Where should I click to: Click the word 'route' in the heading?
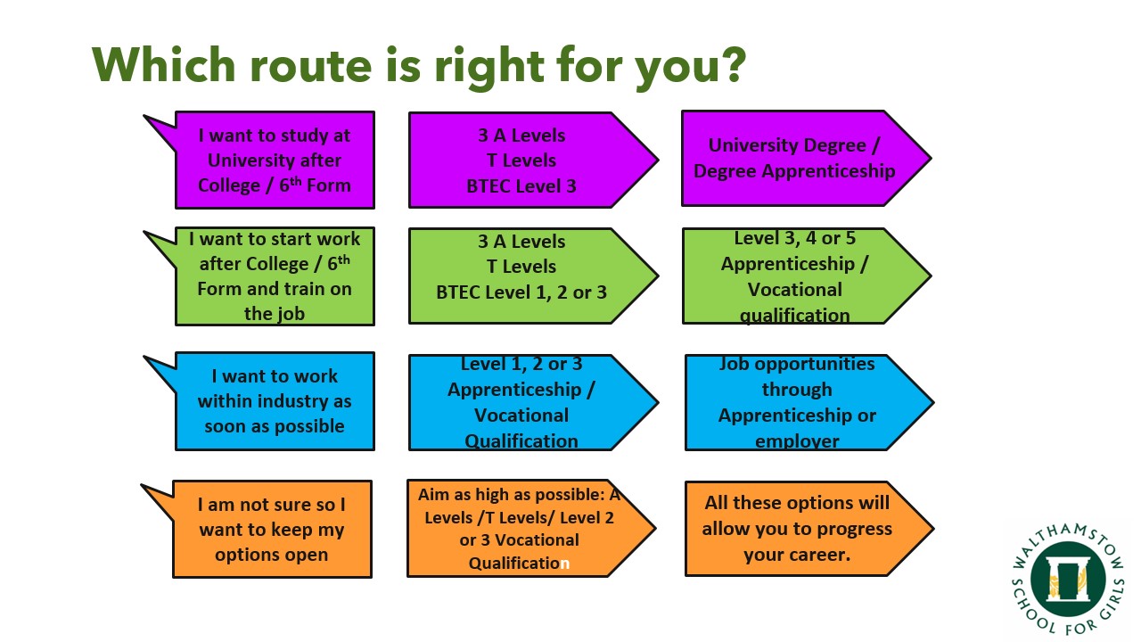pos(310,67)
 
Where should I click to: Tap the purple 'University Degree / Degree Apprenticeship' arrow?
pos(807,159)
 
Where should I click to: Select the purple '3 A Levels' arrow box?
pos(533,160)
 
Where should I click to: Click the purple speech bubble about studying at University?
pos(275,160)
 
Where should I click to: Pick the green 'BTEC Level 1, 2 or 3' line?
pos(521,292)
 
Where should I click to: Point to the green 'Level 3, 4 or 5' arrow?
pos(807,276)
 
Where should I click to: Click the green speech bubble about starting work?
pos(275,276)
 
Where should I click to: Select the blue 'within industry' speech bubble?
pos(275,401)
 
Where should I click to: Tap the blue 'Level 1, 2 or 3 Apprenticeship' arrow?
pos(533,402)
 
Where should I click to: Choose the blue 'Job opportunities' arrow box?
pos(809,402)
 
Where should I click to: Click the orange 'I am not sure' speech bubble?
pos(272,529)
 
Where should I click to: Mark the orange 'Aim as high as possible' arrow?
pos(531,529)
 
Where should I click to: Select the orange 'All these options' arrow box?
pos(809,529)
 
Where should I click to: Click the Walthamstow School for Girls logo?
pos(1068,580)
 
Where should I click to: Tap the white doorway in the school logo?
pos(1068,580)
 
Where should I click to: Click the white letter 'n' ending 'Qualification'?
pos(564,564)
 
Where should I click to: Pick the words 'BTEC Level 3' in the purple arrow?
pos(521,186)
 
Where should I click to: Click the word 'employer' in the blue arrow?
pos(797,441)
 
